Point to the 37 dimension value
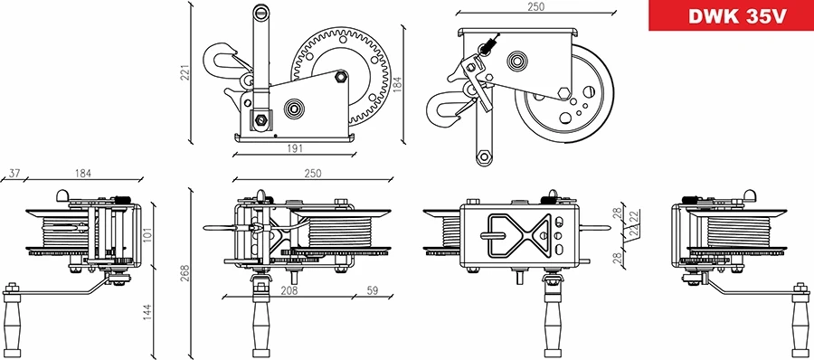[14, 173]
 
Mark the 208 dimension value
[290, 291]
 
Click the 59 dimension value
[372, 291]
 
